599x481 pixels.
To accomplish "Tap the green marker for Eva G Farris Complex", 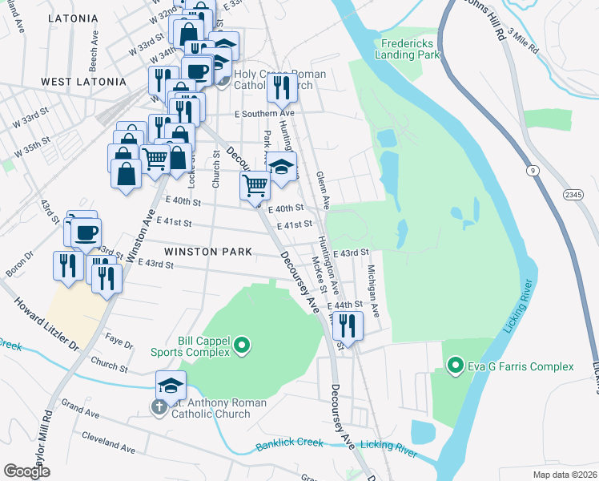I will click(456, 367).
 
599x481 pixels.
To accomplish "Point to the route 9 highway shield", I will click(531, 171).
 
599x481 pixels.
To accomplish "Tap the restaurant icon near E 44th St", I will click(347, 325).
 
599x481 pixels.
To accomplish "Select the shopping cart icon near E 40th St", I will click(255, 185).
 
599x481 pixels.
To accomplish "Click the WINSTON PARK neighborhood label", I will click(203, 251).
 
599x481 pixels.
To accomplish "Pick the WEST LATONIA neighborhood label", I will click(83, 82).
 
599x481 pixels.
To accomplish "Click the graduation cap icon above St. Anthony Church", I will click(171, 386).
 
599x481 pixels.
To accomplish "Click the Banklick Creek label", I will click(289, 443).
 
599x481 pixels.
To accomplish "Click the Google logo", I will click(26, 471).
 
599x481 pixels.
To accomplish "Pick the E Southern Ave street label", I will click(264, 115).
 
